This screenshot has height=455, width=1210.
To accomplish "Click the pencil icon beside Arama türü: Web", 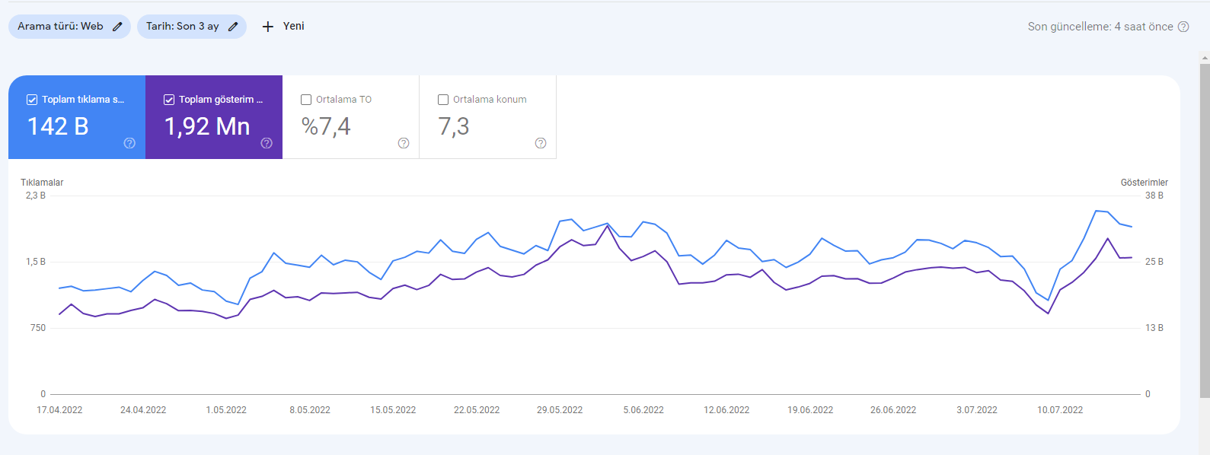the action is tap(117, 27).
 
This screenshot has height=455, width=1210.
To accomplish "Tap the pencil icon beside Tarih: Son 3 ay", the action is tap(233, 27).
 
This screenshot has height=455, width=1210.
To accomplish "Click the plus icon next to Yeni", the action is tap(268, 27).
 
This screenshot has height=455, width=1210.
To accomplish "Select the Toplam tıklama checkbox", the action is tap(32, 100).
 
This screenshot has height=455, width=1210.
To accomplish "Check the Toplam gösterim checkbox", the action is tap(169, 100).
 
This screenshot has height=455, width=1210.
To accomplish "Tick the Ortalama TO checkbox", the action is tap(306, 100).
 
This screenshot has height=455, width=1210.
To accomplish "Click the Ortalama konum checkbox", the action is tap(443, 100).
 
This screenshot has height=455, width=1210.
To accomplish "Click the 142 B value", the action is tap(58, 126).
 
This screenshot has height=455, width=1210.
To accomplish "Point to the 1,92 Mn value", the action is tap(207, 127).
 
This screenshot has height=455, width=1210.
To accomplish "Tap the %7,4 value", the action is tap(326, 127).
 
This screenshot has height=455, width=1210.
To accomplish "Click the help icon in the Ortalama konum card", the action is tap(541, 143).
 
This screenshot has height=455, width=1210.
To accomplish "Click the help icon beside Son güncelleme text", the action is tap(1183, 27).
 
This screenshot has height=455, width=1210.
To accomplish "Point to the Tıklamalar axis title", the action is tap(42, 183).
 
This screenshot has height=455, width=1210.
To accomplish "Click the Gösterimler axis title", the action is tap(1144, 183).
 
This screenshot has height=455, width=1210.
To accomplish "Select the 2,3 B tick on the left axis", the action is tap(36, 196).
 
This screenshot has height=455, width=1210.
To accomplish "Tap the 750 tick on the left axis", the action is tap(38, 328).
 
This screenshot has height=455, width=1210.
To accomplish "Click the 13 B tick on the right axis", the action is tap(1154, 328).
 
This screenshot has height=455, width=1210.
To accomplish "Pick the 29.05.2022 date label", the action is tap(560, 409).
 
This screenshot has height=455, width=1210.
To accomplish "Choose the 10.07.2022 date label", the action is tap(1060, 409).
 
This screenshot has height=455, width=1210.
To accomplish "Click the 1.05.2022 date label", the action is tap(226, 409).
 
